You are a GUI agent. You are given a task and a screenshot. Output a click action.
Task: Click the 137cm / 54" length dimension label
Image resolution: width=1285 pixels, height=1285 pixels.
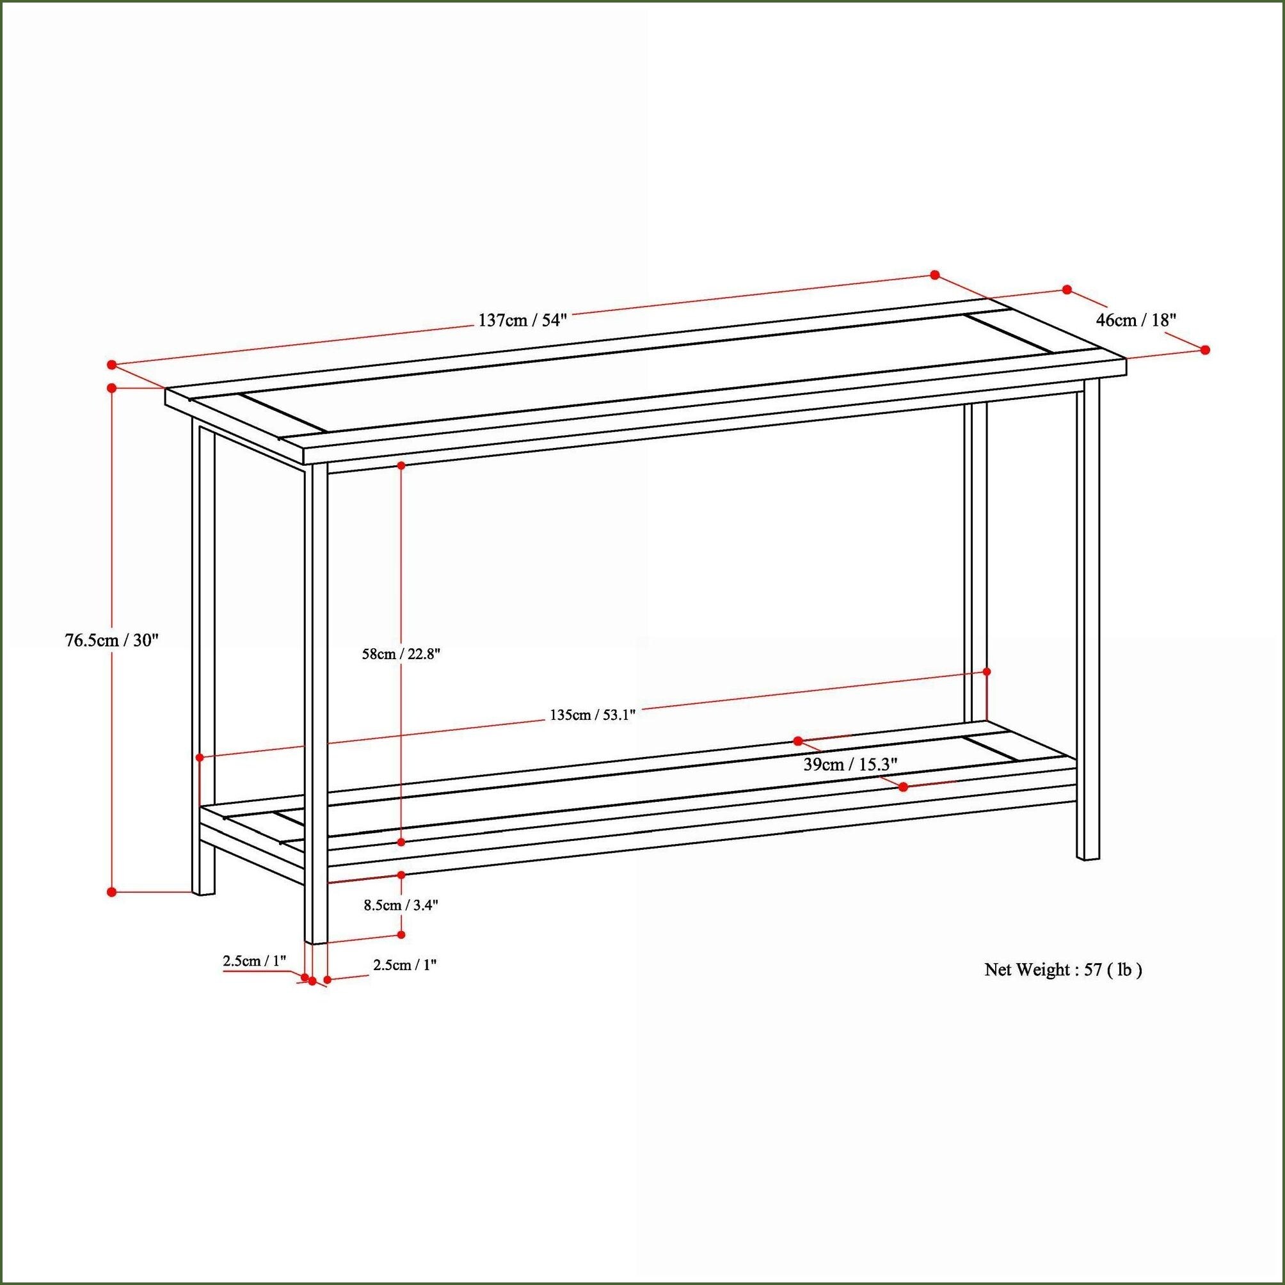[522, 321]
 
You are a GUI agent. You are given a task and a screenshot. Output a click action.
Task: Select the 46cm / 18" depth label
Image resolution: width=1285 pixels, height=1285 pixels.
[1136, 320]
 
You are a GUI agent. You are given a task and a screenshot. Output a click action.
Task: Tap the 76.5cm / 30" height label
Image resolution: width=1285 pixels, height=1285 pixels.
[112, 641]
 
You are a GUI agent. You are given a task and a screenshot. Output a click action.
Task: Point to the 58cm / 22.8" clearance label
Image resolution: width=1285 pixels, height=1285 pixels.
[401, 654]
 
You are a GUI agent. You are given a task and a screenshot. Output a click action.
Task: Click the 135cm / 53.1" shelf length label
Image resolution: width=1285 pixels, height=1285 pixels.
[593, 715]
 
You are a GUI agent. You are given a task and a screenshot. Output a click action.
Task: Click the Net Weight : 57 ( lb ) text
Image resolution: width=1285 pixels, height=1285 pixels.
[1063, 970]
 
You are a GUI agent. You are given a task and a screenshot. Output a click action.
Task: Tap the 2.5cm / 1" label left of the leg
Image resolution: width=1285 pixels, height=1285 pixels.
[254, 961]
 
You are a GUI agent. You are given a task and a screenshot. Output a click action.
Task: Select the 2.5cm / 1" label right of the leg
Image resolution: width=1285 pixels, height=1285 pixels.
[404, 964]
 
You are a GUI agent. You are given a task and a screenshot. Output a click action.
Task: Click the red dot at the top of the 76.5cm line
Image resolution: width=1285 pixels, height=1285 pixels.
[112, 387]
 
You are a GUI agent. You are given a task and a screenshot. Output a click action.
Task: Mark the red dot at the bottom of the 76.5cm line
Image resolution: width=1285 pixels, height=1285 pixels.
[112, 891]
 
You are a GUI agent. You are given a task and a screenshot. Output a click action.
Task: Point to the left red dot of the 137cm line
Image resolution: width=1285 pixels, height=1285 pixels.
[112, 365]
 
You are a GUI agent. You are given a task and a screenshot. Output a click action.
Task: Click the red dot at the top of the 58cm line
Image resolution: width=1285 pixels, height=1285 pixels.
[401, 466]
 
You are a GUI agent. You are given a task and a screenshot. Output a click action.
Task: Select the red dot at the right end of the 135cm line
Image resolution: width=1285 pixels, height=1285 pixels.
[986, 672]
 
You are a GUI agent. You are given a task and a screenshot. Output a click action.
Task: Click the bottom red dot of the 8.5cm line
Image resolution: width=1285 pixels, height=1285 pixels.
[401, 934]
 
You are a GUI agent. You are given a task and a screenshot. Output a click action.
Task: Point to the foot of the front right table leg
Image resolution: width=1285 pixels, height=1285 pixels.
[1088, 858]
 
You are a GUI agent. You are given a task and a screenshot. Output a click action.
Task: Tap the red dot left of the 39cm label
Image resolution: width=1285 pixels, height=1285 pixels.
[798, 740]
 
